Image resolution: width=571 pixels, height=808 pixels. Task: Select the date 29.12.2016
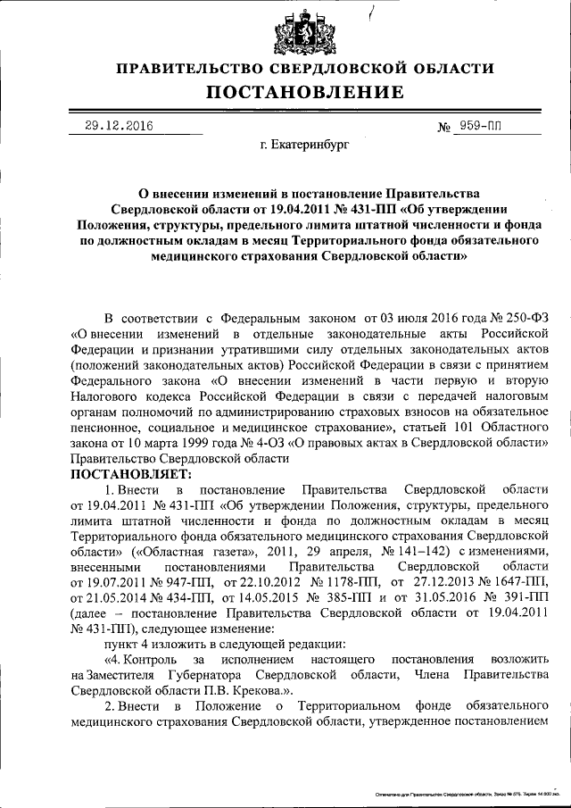pyautogui.click(x=114, y=126)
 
